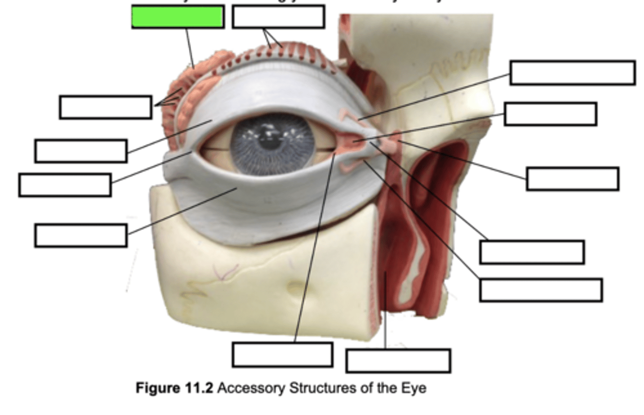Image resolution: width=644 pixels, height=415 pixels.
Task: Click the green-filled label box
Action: tap(178, 17)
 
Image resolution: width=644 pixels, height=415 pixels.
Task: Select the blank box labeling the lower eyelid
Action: tap(80, 235)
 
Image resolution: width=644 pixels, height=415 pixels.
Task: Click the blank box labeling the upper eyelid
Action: tap(80, 151)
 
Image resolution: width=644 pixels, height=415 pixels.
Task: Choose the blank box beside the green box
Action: tap(278, 17)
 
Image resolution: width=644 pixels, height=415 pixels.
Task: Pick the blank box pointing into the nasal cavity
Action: tap(398, 361)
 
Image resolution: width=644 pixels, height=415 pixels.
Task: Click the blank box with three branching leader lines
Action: tap(106, 107)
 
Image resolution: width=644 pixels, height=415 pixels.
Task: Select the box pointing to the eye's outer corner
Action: tap(65, 185)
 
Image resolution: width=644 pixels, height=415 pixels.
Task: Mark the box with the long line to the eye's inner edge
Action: tap(282, 355)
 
